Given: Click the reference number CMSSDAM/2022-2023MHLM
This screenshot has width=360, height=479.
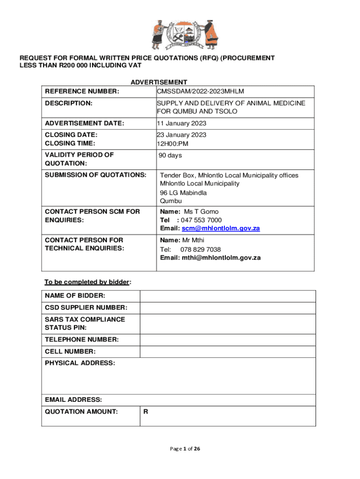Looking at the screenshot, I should click(201, 91).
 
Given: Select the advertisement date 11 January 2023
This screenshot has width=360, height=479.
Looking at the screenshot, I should click(181, 123).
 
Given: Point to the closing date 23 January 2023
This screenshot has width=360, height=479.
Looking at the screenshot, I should click(181, 135).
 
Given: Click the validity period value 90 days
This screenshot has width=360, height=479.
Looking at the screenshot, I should click(171, 155).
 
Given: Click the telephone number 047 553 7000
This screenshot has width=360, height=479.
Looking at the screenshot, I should click(201, 220).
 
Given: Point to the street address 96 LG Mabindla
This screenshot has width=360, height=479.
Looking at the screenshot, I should click(183, 193).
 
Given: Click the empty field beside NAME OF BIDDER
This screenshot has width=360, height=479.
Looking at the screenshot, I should click(228, 296).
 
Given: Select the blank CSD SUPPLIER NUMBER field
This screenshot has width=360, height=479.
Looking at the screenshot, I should click(228, 308).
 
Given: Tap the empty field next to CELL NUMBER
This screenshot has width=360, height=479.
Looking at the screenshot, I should click(228, 351).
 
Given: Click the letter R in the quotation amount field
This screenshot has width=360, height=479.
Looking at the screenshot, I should click(146, 412).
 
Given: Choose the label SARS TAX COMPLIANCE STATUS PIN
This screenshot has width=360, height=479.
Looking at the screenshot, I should click(85, 324).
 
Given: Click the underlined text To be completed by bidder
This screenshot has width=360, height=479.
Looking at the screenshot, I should click(86, 282).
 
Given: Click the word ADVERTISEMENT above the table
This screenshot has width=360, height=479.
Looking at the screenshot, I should click(159, 82).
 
